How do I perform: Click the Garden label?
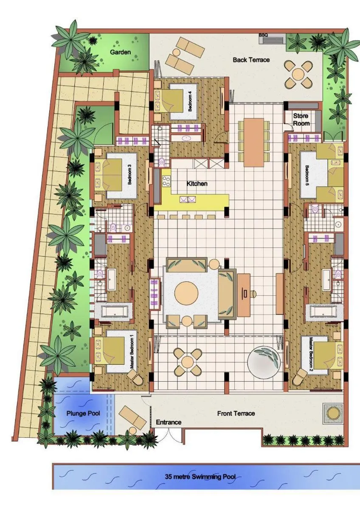click(120, 52)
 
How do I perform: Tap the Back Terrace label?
click(251, 60)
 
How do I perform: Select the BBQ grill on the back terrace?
click(273, 40)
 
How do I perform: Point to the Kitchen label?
click(197, 184)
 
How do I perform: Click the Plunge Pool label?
click(83, 412)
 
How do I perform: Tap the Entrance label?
click(169, 422)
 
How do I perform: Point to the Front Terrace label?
click(236, 413)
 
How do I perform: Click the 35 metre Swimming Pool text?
click(200, 476)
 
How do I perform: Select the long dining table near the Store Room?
click(253, 142)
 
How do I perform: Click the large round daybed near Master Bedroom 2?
click(265, 361)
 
